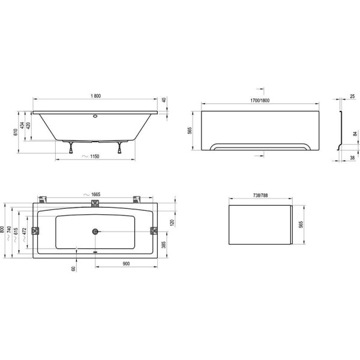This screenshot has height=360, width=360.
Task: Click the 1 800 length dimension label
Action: (x=96, y=96)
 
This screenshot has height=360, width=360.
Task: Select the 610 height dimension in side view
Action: (x=16, y=132)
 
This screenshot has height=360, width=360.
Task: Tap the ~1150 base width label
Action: (x=91, y=157)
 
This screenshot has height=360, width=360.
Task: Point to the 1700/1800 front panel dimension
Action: (x=260, y=101)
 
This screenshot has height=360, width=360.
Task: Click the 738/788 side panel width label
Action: (x=260, y=196)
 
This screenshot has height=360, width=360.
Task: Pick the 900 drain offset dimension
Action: (x=126, y=263)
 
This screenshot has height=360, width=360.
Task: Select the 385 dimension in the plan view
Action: (x=163, y=245)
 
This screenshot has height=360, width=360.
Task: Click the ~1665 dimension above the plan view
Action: (x=92, y=194)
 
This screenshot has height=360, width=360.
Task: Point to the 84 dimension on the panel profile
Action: (x=355, y=134)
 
